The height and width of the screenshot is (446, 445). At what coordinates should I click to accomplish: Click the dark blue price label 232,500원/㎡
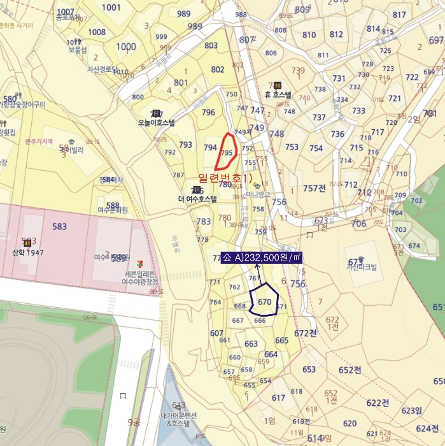(x=261, y=257)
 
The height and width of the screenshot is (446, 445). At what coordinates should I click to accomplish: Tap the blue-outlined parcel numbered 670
(x=265, y=301)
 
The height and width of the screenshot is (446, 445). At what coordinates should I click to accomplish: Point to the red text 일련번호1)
(x=225, y=176)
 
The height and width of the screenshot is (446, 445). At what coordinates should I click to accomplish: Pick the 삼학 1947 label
(x=27, y=252)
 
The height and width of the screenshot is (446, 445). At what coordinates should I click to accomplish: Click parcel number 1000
(x=126, y=47)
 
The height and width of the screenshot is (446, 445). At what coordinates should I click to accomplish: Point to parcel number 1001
(x=111, y=7)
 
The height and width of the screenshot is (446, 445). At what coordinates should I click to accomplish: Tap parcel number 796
(x=208, y=112)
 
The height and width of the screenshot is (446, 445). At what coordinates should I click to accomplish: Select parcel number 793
(x=185, y=145)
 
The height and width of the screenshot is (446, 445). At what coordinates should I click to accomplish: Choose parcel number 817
(x=399, y=15)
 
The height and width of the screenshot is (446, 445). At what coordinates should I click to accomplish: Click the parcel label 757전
(x=314, y=188)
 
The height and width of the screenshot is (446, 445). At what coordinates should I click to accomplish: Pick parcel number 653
(x=309, y=369)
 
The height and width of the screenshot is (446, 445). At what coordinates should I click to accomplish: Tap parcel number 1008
(x=97, y=32)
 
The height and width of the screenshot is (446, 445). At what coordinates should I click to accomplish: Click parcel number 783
(x=204, y=221)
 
